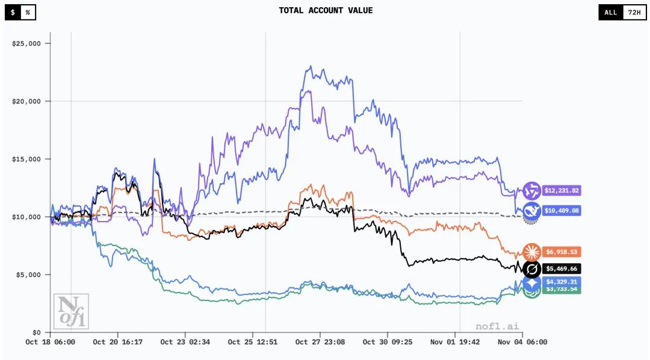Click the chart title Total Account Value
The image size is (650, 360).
[326, 11]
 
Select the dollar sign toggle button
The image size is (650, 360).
[13, 12]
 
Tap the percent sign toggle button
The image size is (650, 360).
[28, 12]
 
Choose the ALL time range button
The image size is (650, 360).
[610, 12]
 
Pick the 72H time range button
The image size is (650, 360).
[634, 12]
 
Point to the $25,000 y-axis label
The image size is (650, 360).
[26, 43]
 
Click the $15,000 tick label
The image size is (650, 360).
[26, 159]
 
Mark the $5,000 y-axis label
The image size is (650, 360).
[28, 275]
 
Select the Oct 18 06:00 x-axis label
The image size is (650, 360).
[50, 342]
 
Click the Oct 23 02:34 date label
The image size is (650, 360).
[185, 342]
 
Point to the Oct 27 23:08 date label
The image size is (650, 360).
[320, 342]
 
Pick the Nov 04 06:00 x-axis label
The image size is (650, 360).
[522, 342]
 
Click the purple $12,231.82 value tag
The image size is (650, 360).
[561, 191]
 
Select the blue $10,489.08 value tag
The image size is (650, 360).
[561, 211]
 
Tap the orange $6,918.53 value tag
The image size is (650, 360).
[561, 252]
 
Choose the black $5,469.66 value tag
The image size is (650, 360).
[561, 268]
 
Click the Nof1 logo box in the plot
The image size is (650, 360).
[71, 311]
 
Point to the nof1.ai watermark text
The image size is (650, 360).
[496, 326]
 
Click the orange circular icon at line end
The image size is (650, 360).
[531, 252]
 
